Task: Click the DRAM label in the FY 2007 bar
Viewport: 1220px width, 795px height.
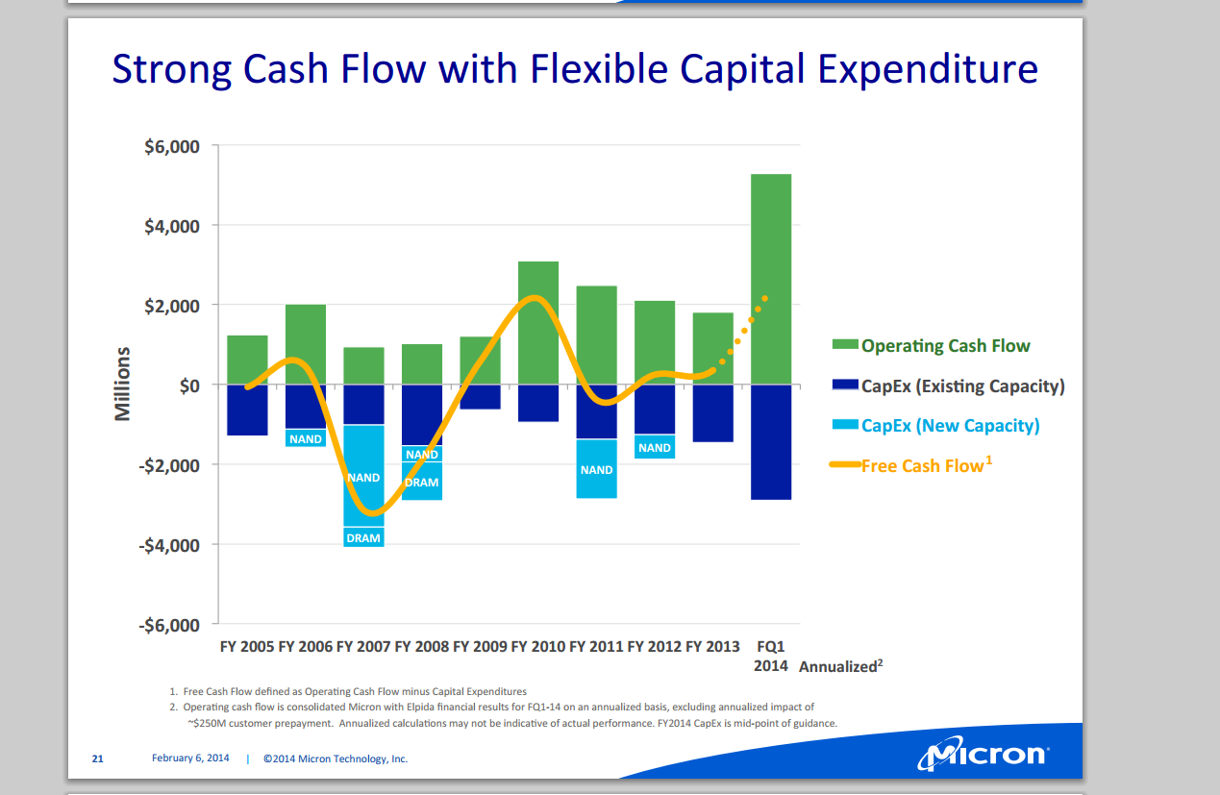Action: (363, 538)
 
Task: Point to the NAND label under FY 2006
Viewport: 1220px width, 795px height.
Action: (306, 439)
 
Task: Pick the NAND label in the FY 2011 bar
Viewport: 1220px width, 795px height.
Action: (597, 470)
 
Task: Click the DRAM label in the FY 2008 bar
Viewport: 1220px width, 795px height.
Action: (422, 483)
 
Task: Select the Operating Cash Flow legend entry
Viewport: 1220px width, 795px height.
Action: (945, 346)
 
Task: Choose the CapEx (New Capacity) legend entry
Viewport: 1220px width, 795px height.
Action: (950, 426)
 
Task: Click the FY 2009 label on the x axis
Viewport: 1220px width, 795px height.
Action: (480, 647)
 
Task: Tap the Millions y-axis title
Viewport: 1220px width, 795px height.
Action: (123, 385)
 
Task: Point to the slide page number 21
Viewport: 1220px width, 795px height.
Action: (97, 758)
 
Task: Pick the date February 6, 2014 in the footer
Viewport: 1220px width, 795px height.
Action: (190, 758)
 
